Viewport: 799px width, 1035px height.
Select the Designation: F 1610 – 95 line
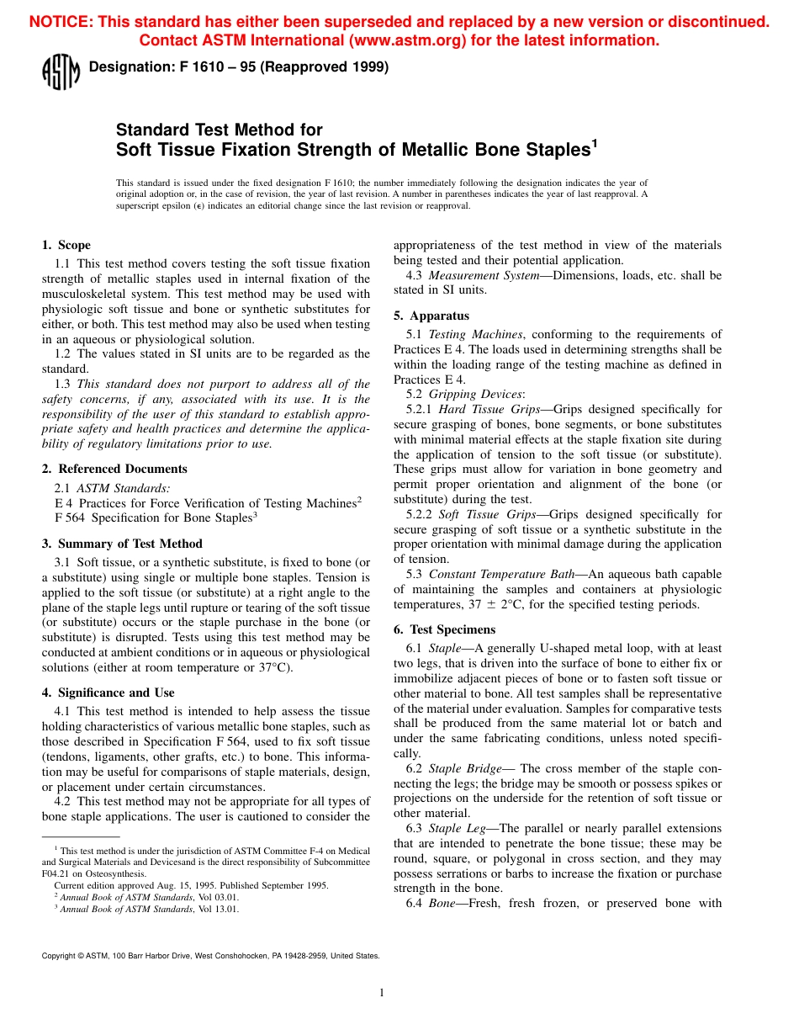tap(238, 68)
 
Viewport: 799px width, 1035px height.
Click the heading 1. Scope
tap(66, 246)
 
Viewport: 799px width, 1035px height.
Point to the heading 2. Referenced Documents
tap(114, 469)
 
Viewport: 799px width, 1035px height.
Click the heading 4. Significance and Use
tap(108, 693)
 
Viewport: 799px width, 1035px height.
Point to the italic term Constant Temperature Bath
tap(502, 574)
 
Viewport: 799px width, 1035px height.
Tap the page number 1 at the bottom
tap(382, 993)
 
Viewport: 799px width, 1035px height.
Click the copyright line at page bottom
tap(210, 956)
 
